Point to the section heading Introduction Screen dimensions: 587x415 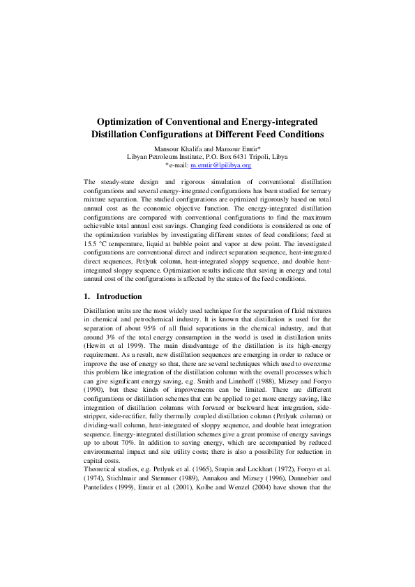(x=119, y=296)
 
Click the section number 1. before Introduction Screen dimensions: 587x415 (x=86, y=296)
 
